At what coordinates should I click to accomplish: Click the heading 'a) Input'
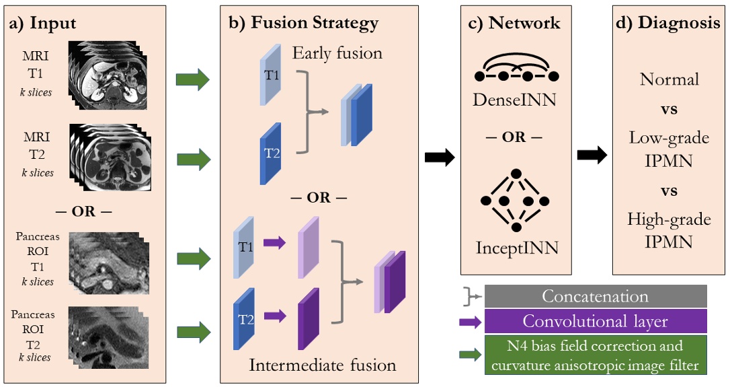pos(42,23)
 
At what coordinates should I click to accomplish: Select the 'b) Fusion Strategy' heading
pos(303,22)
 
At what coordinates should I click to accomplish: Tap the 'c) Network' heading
pos(514,22)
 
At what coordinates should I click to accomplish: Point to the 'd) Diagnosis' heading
pos(668,22)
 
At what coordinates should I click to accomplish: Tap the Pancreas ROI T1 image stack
pos(108,260)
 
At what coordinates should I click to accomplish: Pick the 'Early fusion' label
pos(337,52)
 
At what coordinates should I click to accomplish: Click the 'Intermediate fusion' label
pos(322,365)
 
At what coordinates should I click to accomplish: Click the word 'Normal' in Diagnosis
pos(669,79)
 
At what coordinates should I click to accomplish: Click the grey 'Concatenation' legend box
pos(595,296)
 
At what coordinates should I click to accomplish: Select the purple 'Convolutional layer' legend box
pos(595,321)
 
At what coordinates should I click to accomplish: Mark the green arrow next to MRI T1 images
pos(192,80)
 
